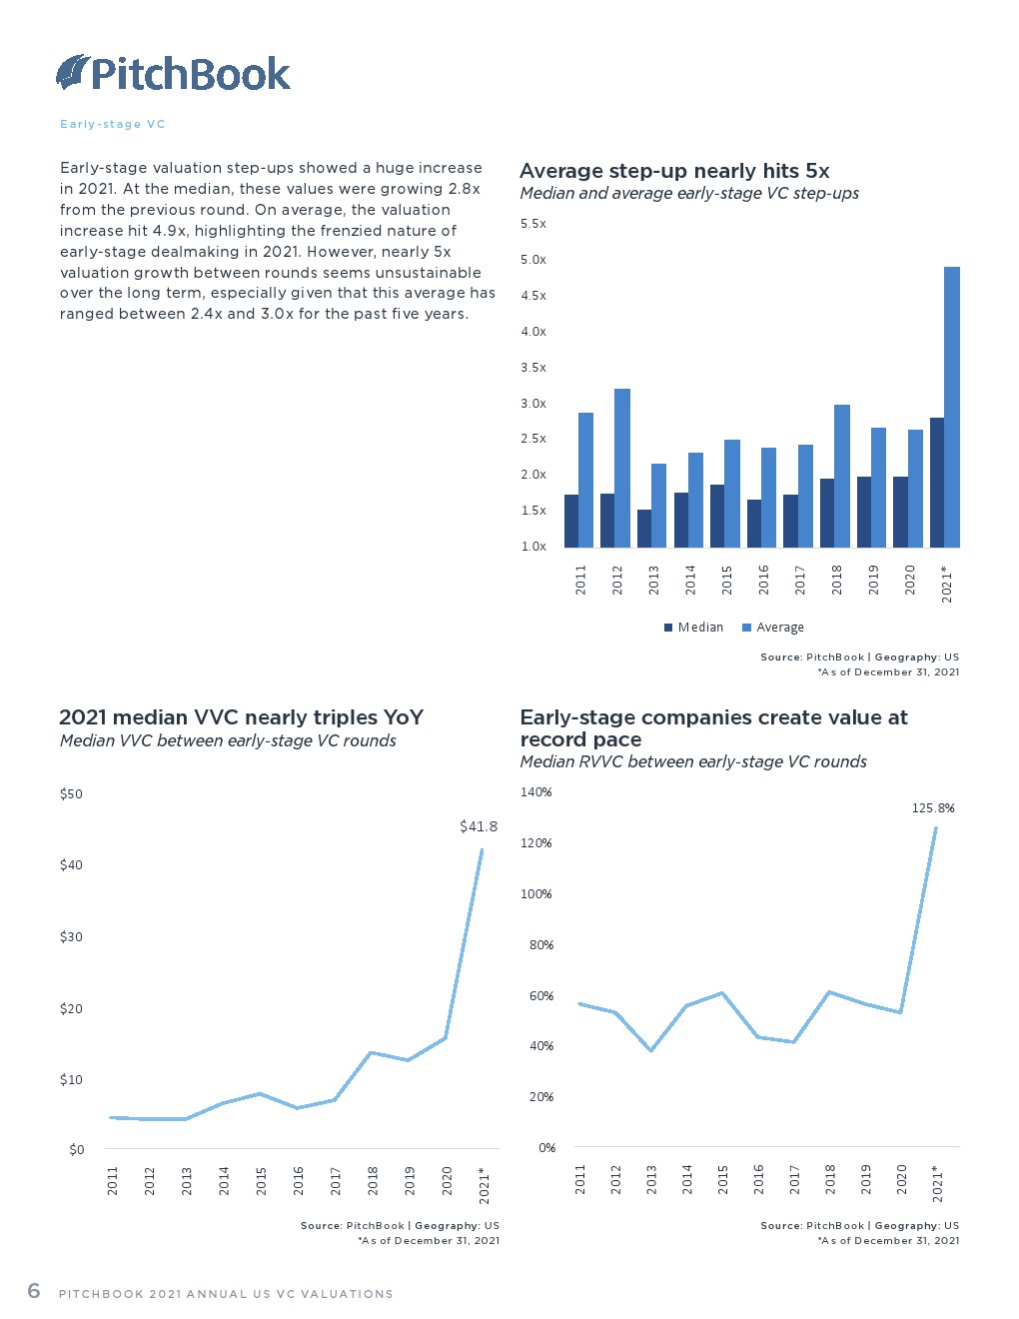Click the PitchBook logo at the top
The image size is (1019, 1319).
[x=173, y=73]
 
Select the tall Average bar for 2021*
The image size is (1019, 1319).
[x=951, y=407]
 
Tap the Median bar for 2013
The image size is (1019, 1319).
[x=644, y=529]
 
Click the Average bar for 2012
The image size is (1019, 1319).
[x=622, y=468]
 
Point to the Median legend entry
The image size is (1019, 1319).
[x=693, y=628]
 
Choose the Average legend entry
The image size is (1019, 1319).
[x=773, y=628]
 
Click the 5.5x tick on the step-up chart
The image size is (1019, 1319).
[x=533, y=224]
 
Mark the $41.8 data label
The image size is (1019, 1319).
[x=478, y=826]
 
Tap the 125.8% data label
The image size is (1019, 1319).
[x=933, y=808]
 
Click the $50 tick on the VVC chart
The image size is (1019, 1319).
[x=71, y=794]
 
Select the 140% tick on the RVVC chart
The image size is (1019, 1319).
[x=535, y=792]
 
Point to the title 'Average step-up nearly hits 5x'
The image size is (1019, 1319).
[x=674, y=171]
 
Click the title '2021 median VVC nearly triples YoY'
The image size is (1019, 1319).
[x=241, y=717]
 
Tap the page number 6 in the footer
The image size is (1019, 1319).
[x=34, y=1290]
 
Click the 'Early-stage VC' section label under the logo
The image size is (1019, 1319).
[x=113, y=124]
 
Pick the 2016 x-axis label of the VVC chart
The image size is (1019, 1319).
[x=299, y=1180]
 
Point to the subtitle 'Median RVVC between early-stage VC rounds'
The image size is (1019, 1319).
[x=693, y=761]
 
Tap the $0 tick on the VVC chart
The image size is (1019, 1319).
[x=76, y=1150]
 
